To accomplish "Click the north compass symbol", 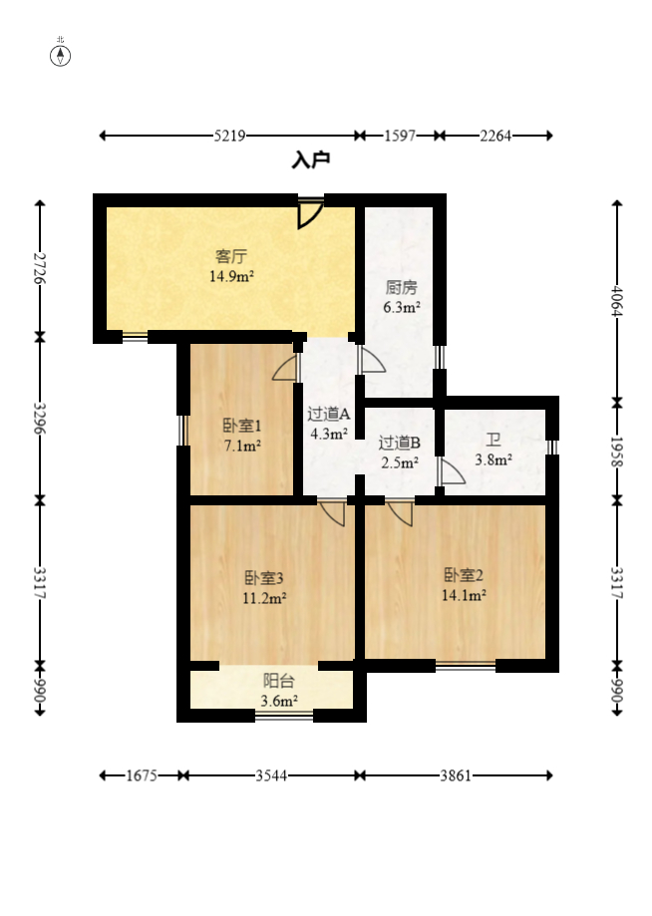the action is click(60, 55).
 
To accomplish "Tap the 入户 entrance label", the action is click(311, 159).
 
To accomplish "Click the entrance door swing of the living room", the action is click(310, 214).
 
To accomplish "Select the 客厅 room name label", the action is click(231, 256).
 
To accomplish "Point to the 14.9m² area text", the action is click(231, 276).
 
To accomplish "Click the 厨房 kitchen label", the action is click(402, 287).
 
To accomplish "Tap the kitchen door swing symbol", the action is click(373, 360).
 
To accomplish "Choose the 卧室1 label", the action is click(242, 426).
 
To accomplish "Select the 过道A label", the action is click(329, 415).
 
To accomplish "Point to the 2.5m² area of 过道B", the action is click(400, 463).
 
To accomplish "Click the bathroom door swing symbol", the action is click(453, 472).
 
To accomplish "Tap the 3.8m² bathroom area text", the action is click(493, 460).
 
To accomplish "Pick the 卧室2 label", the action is click(464, 575).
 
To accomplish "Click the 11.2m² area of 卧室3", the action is click(264, 598).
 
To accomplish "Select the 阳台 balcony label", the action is click(279, 681).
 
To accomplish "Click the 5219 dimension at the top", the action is click(229, 136).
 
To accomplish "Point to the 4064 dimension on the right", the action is click(617, 301).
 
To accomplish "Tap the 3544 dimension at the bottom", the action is click(271, 775).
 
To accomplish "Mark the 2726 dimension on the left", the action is click(40, 268).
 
